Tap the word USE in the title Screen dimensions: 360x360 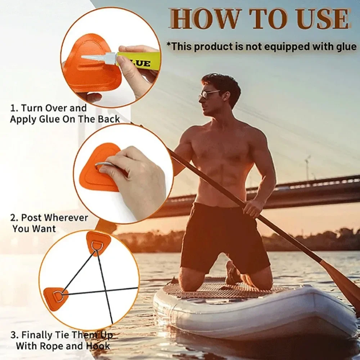coord(323,19)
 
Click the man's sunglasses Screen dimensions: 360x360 coord(208,94)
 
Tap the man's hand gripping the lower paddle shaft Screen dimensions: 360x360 coord(253,208)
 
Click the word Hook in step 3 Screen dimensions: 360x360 coord(98,346)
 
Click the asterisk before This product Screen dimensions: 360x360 coord(169,44)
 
